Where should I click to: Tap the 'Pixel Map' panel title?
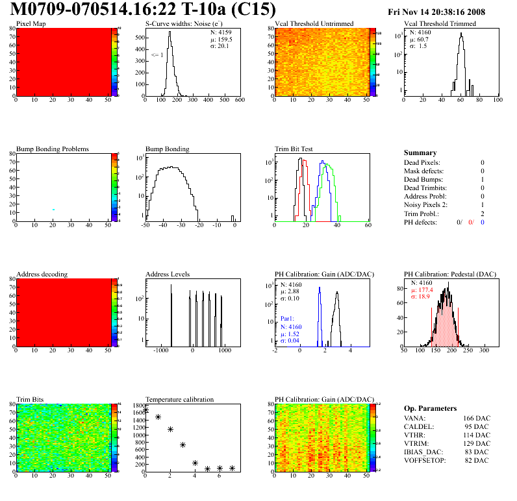coord(31,24)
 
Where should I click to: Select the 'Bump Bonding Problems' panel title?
coord(53,149)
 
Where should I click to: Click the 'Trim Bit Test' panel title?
coord(294,149)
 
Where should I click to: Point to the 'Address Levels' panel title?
coord(168,274)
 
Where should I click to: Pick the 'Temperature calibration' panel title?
coord(180,399)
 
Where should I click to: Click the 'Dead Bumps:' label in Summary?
coord(423,179)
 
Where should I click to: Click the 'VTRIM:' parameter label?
coord(415,443)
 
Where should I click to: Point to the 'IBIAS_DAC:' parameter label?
coord(423,452)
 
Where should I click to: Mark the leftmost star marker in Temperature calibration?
coord(145,409)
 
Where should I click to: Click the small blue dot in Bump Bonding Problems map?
coord(53,209)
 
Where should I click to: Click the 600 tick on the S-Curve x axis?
coord(239,100)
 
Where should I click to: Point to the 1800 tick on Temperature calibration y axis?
coord(138,405)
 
